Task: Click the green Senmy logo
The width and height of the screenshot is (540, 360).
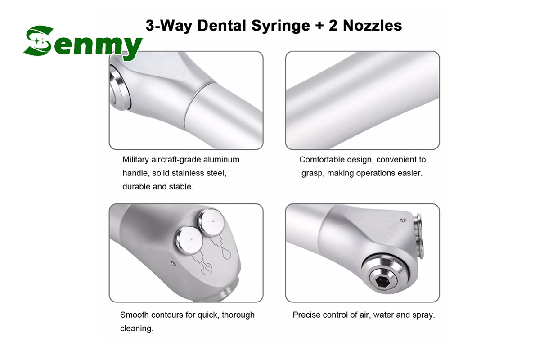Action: [83, 43]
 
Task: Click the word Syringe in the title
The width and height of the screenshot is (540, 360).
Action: [281, 26]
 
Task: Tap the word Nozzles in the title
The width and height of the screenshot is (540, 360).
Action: [372, 26]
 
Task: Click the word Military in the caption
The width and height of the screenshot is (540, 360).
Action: [136, 160]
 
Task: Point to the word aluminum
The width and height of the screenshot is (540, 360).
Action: [221, 160]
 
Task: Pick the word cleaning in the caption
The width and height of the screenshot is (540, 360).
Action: [137, 328]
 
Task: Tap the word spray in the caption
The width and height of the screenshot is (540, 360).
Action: [423, 315]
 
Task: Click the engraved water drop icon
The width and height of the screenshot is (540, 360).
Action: [226, 254]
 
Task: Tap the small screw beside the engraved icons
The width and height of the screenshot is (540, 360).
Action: [172, 263]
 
